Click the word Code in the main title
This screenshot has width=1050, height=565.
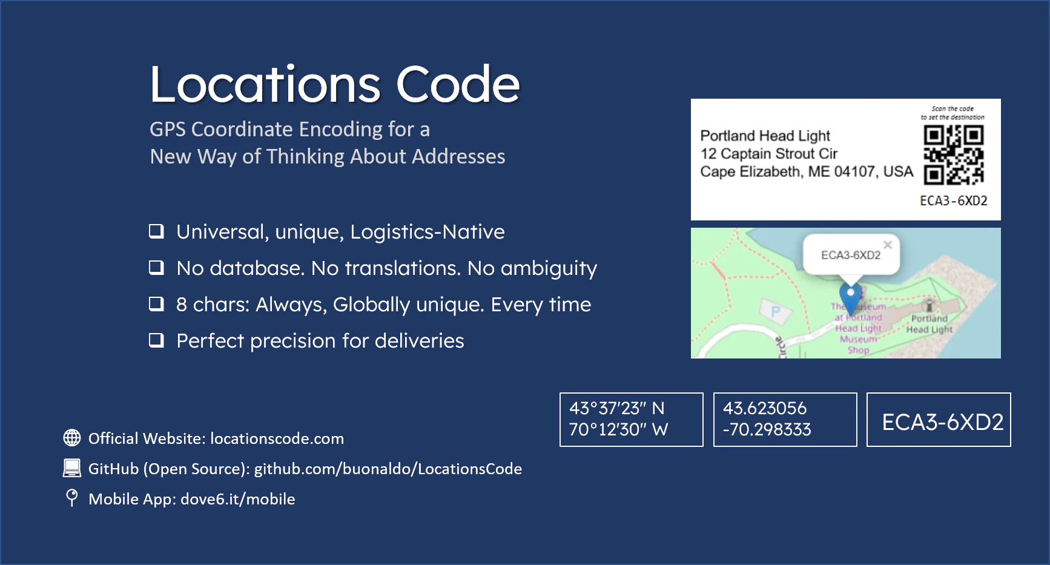pyautogui.click(x=458, y=84)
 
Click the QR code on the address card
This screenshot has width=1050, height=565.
pyautogui.click(x=953, y=154)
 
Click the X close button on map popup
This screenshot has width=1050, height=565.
pyautogui.click(x=888, y=245)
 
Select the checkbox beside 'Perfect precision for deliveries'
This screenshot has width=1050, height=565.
pyautogui.click(x=156, y=340)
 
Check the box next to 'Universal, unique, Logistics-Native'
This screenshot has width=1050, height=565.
pyautogui.click(x=156, y=231)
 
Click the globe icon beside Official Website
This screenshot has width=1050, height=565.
pyautogui.click(x=72, y=438)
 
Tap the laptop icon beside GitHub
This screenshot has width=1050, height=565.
pyautogui.click(x=72, y=468)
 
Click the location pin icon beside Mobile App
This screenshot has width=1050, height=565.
pyautogui.click(x=72, y=498)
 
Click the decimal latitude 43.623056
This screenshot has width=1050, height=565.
pyautogui.click(x=764, y=408)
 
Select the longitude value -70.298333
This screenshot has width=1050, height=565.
pyautogui.click(x=767, y=429)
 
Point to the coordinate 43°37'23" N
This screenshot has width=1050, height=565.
pyautogui.click(x=616, y=408)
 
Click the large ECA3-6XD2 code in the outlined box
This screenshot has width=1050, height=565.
pyautogui.click(x=942, y=422)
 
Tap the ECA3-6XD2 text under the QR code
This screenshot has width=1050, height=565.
pyautogui.click(x=953, y=200)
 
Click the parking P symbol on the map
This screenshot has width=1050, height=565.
pyautogui.click(x=776, y=312)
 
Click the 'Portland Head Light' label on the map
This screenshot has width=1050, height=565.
pyautogui.click(x=929, y=324)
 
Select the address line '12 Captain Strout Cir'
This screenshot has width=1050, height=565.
pyautogui.click(x=768, y=154)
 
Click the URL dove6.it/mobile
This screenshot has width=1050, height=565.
pyautogui.click(x=237, y=499)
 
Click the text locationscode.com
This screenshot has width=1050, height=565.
pyautogui.click(x=277, y=438)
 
